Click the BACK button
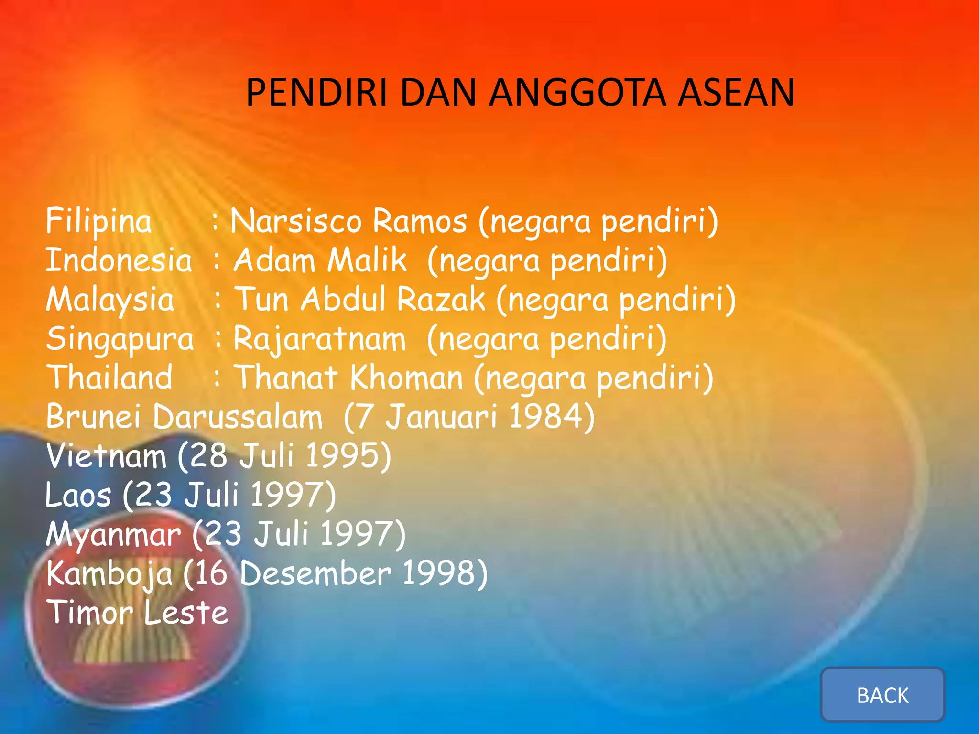click(x=882, y=695)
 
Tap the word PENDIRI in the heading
click(x=316, y=93)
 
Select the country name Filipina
click(x=99, y=221)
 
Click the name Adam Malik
click(x=320, y=261)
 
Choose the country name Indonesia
click(x=119, y=261)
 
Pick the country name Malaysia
click(x=110, y=300)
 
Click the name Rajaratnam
click(x=319, y=339)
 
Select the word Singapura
click(x=120, y=339)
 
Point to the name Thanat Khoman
click(x=350, y=378)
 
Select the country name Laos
click(x=78, y=495)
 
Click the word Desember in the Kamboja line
click(x=315, y=573)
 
